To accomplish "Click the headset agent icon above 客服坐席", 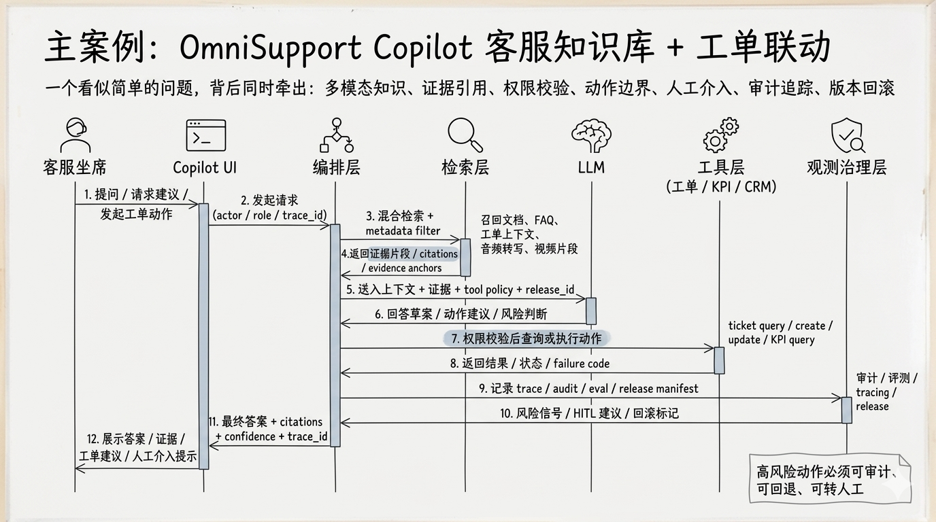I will click(75, 135).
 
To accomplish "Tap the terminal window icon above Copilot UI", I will click(205, 135).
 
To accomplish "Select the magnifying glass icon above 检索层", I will click(465, 135).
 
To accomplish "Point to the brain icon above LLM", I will click(590, 135).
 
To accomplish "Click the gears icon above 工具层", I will click(721, 135).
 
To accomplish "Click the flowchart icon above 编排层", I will click(336, 135).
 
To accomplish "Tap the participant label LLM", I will click(590, 167).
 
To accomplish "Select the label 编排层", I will click(336, 167).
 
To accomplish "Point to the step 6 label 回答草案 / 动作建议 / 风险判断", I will click(461, 314).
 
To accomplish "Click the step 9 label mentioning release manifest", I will click(588, 388).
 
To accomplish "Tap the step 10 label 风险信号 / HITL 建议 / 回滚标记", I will click(589, 413).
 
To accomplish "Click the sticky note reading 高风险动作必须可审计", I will click(830, 480).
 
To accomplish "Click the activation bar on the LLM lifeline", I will click(591, 311).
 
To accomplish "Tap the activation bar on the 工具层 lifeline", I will click(719, 360).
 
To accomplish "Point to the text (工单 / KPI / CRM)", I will click(721, 187).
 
